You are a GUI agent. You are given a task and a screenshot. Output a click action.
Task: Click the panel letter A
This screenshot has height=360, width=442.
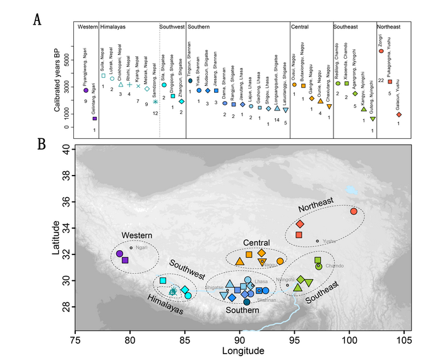[x=39, y=20]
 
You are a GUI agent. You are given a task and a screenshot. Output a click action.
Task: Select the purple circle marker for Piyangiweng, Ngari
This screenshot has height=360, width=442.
[x=86, y=91]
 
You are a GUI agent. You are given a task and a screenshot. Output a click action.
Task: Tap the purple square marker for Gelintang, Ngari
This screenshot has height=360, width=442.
[x=95, y=118]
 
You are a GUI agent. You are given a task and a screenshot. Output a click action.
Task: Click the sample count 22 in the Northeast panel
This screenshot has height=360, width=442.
[x=381, y=80]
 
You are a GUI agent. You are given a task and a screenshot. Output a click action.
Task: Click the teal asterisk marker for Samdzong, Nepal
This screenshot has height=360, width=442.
[x=155, y=102]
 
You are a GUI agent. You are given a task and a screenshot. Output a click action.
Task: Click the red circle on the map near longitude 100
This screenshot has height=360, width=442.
[x=354, y=211]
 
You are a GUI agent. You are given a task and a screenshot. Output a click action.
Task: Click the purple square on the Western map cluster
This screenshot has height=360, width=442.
[x=125, y=260]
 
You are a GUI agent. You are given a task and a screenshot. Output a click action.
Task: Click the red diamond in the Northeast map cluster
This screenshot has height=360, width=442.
[x=300, y=224]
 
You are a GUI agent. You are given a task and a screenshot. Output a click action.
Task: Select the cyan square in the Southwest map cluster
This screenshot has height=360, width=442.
[x=163, y=280]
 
